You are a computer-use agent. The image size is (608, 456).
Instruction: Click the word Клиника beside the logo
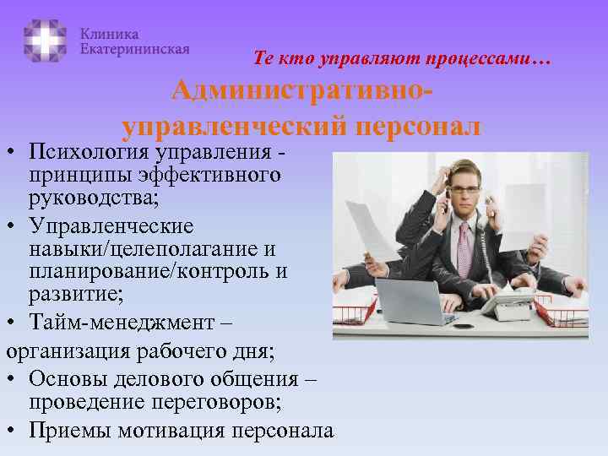click(x=110, y=33)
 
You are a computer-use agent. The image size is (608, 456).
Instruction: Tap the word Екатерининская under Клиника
click(x=134, y=49)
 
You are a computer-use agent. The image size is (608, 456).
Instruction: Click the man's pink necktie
click(x=463, y=248)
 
